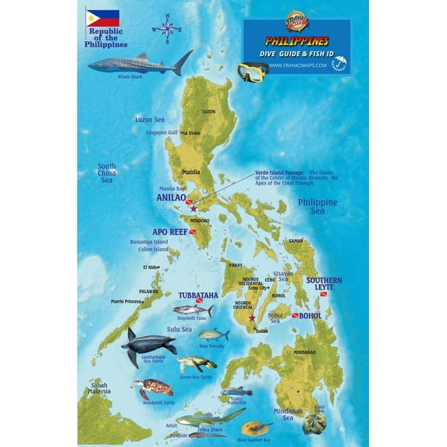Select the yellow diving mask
[x=253, y=72]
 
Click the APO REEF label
[x=169, y=232]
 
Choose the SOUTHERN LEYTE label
[x=325, y=284]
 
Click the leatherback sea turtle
[x=147, y=342]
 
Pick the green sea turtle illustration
[x=197, y=364]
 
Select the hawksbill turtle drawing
[x=153, y=388]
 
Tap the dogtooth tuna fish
[x=192, y=310]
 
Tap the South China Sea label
[x=107, y=173]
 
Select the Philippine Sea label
[x=317, y=206]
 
